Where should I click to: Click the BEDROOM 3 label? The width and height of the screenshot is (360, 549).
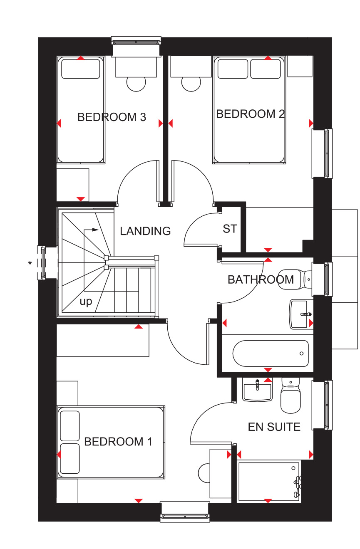point(112,117)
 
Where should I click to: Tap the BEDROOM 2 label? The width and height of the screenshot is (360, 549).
point(250,114)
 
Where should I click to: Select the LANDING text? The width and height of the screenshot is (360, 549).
point(145,231)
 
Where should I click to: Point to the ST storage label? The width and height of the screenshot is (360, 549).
point(230,229)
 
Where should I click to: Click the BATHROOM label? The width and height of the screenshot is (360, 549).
point(261,279)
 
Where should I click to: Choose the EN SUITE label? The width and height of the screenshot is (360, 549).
point(274,427)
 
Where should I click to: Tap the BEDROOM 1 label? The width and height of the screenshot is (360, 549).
point(118,442)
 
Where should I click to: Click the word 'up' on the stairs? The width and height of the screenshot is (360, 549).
point(86,302)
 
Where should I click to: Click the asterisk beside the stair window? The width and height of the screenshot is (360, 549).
point(30,263)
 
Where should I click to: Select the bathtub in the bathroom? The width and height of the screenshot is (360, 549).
point(271,354)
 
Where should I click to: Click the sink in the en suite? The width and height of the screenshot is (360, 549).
point(257,390)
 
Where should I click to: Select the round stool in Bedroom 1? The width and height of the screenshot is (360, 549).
point(204,473)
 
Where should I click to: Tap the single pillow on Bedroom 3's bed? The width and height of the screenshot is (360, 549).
point(81,69)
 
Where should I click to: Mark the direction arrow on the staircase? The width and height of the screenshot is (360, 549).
point(91,230)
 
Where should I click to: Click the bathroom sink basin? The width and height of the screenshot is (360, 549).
point(301,314)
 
